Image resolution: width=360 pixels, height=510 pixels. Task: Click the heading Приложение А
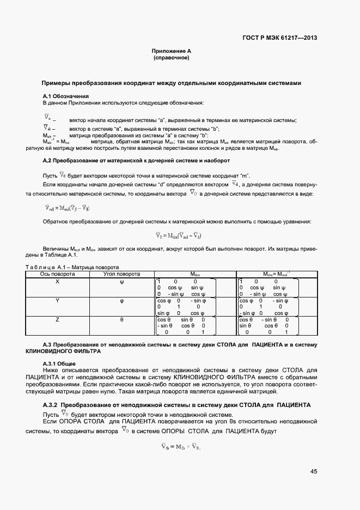[x=171, y=51]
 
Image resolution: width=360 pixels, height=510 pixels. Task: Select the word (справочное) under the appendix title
[x=171, y=57]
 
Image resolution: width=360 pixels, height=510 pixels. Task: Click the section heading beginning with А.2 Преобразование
[x=136, y=161]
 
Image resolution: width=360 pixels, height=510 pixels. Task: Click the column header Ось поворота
[x=58, y=274]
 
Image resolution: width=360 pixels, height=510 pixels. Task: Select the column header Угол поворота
[x=122, y=274]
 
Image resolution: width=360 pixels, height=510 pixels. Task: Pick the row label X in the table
[x=58, y=282]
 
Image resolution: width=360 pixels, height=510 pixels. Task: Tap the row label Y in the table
[x=58, y=301]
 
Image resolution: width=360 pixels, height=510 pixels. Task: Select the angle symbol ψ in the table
[x=122, y=282]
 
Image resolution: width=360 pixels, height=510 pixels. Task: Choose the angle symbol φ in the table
[x=122, y=301]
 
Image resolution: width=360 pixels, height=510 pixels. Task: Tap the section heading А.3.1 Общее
[x=59, y=363]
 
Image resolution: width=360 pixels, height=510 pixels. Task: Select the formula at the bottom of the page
[x=181, y=447]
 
